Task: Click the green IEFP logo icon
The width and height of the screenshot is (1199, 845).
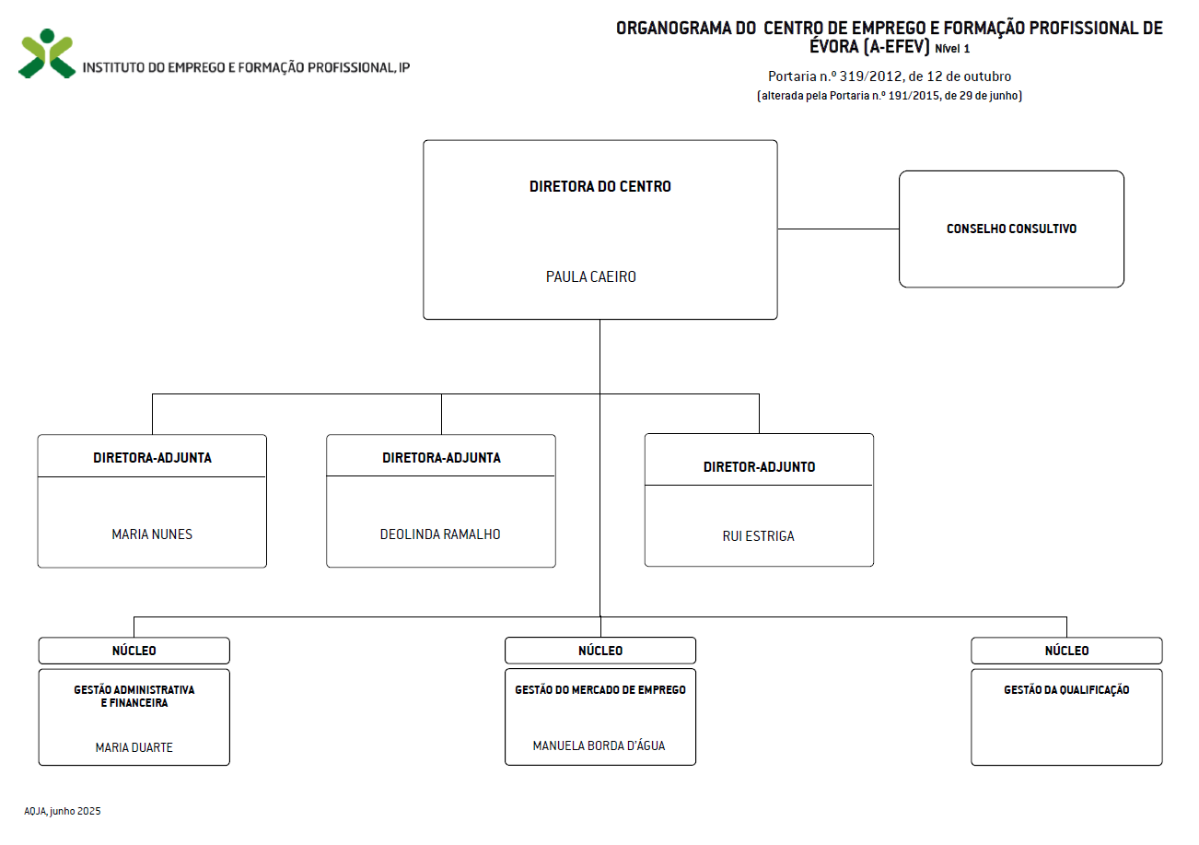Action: pyautogui.click(x=47, y=53)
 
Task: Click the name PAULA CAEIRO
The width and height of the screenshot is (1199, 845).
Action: pyautogui.click(x=591, y=276)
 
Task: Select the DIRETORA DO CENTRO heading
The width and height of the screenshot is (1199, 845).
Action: pyautogui.click(x=600, y=186)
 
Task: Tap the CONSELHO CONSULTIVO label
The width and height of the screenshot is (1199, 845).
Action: pyautogui.click(x=1011, y=229)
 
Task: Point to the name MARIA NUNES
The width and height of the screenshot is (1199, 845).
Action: pyautogui.click(x=152, y=534)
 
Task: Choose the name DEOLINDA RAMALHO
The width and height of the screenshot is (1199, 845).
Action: pyautogui.click(x=440, y=534)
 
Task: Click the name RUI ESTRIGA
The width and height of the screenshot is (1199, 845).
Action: pyautogui.click(x=759, y=536)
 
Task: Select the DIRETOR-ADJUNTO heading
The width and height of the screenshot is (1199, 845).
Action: pyautogui.click(x=759, y=467)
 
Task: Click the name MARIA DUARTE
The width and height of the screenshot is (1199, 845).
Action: pyautogui.click(x=134, y=747)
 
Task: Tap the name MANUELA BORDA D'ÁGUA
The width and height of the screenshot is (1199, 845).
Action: pyautogui.click(x=599, y=745)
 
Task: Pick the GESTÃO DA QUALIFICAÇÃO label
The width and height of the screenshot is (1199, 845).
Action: pyautogui.click(x=1066, y=689)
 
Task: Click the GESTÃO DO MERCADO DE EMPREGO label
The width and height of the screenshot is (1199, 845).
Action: pyautogui.click(x=600, y=689)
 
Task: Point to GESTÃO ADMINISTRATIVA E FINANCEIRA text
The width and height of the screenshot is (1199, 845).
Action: pyautogui.click(x=134, y=696)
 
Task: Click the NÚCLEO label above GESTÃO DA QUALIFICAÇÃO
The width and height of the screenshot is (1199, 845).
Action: pyautogui.click(x=1066, y=651)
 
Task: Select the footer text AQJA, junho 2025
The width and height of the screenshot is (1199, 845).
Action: pyautogui.click(x=62, y=811)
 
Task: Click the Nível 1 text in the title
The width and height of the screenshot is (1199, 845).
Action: pyautogui.click(x=952, y=49)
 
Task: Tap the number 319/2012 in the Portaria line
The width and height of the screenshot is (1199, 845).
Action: pyautogui.click(x=871, y=76)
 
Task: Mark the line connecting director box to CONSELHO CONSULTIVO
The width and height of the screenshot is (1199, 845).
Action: pyautogui.click(x=838, y=229)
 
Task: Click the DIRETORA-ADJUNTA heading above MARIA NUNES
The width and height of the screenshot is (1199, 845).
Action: pyautogui.click(x=152, y=458)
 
